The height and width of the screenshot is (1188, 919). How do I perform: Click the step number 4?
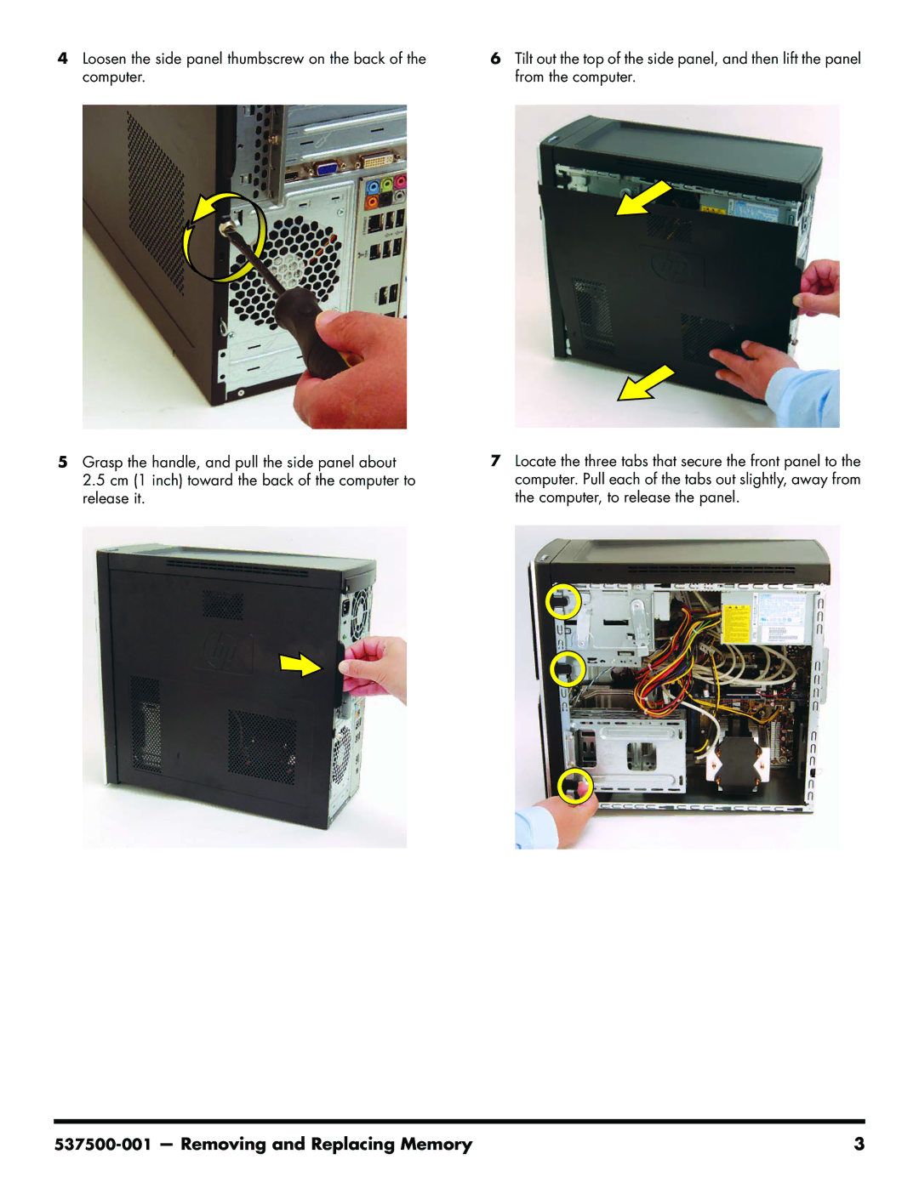point(63,58)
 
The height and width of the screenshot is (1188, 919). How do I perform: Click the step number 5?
point(63,462)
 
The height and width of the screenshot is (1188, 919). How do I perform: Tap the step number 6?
point(495,58)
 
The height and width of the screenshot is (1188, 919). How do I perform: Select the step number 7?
point(495,461)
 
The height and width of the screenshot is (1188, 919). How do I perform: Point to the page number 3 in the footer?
point(859,1144)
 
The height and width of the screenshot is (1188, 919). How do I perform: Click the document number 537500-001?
point(102,1144)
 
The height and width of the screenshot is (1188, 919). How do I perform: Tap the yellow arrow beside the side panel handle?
point(300,664)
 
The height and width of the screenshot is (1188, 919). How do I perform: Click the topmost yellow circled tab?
point(563,602)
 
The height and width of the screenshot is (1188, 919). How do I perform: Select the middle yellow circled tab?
point(568,668)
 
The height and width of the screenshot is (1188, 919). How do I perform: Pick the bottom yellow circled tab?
point(575,786)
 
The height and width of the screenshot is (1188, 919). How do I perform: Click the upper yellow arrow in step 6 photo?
point(642,198)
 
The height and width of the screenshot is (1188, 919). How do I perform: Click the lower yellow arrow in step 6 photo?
point(646,383)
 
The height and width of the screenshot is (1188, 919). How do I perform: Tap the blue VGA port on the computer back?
point(327,168)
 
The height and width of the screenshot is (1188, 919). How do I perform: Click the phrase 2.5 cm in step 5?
point(105,480)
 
